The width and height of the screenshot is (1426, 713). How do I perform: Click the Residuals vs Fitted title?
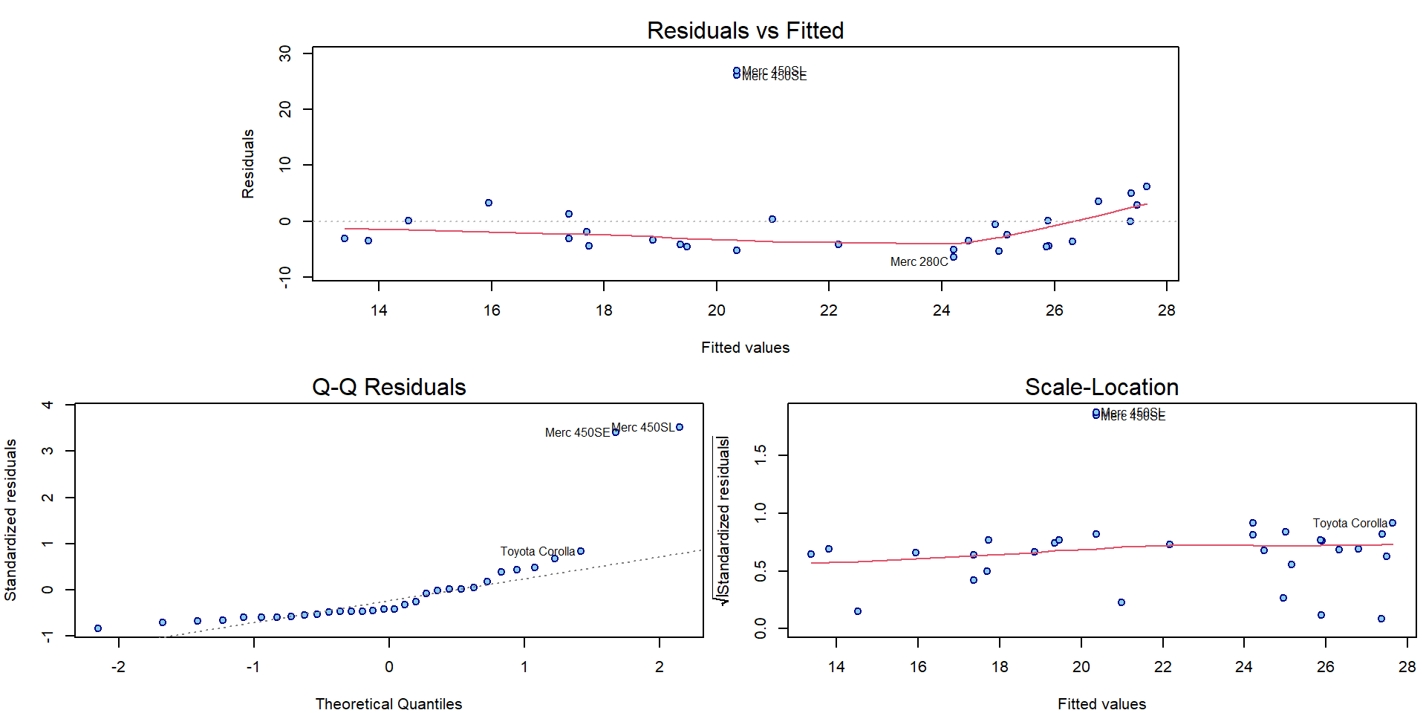tap(745, 30)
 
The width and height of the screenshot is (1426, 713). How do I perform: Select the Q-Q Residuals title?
tap(388, 387)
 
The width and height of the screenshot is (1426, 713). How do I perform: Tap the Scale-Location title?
tap(1101, 387)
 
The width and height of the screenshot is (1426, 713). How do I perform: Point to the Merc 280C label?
tap(919, 261)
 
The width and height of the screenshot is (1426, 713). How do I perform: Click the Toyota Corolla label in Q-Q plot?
tap(537, 551)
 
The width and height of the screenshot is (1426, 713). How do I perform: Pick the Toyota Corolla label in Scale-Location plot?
tap(1350, 523)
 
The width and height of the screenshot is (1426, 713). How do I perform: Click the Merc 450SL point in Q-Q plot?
tap(680, 427)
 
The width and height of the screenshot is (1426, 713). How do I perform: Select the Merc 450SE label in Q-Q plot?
tap(577, 432)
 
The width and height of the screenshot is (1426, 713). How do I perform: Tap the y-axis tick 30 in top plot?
tap(285, 53)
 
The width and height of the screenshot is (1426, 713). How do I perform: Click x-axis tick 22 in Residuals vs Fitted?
tap(829, 310)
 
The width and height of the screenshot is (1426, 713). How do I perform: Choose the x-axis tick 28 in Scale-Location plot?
tap(1407, 667)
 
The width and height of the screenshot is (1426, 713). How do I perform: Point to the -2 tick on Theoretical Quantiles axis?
tap(118, 667)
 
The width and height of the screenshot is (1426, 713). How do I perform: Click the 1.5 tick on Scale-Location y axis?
tap(760, 455)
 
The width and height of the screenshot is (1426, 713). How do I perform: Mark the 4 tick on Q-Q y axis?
tap(48, 405)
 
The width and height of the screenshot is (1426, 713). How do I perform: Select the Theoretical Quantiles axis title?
tap(388, 704)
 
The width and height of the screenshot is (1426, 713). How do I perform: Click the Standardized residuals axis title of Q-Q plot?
tap(10, 520)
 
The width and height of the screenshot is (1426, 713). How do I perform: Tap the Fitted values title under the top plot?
tap(745, 348)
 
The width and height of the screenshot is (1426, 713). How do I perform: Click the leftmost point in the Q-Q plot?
tap(98, 628)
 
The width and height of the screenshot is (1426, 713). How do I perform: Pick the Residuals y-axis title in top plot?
tap(248, 163)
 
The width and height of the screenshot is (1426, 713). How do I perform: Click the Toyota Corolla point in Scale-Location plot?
tap(1393, 523)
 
